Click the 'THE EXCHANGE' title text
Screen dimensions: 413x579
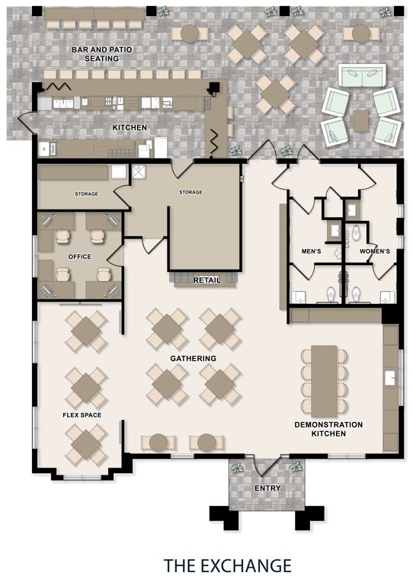228,565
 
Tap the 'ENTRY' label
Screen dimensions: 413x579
267,488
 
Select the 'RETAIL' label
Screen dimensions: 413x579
206,280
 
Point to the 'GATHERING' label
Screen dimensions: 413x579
194,358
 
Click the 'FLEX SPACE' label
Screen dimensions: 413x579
82,415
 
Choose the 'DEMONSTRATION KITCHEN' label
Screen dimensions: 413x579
328,429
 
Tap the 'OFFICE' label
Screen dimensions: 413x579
80,257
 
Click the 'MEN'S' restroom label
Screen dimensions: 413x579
311,251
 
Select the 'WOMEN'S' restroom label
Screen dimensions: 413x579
375,251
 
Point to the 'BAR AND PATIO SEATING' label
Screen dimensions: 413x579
101,54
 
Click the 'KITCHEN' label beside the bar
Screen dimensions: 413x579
130,127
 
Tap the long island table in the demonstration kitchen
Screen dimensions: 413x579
324,381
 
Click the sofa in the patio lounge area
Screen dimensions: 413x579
362,75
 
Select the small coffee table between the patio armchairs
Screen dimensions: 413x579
361,120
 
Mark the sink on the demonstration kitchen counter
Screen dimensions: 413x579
390,378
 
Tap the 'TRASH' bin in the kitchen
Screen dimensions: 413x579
53,149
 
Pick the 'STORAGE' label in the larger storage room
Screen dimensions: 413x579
190,193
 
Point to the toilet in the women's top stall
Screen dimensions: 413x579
356,232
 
